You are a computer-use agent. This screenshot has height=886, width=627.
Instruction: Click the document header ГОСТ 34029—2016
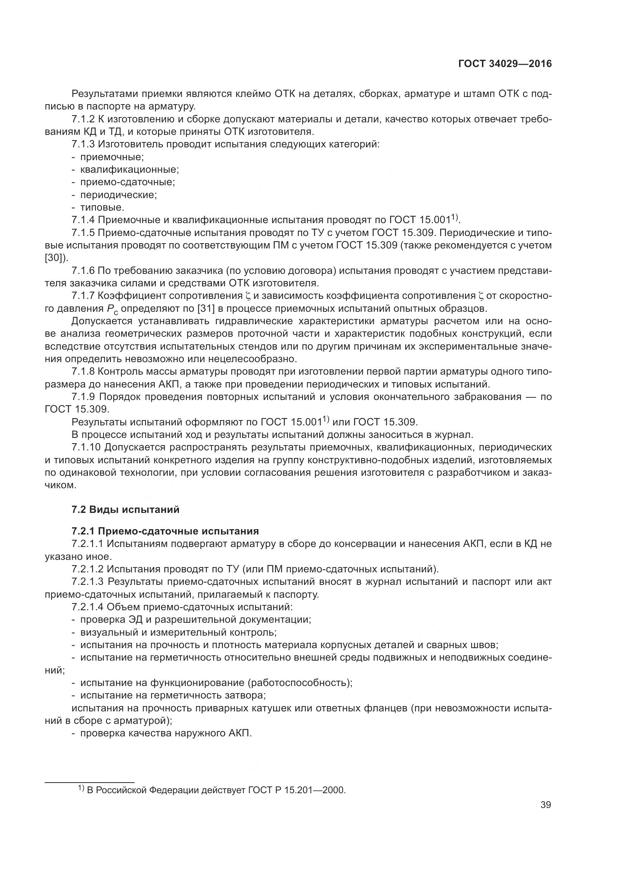[x=505, y=64]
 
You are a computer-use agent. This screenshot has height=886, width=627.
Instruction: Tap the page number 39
[x=545, y=805]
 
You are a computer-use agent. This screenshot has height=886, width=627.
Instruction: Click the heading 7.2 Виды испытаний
[x=125, y=509]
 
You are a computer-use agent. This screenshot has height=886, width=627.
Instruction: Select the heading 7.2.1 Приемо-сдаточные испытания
[x=165, y=531]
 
